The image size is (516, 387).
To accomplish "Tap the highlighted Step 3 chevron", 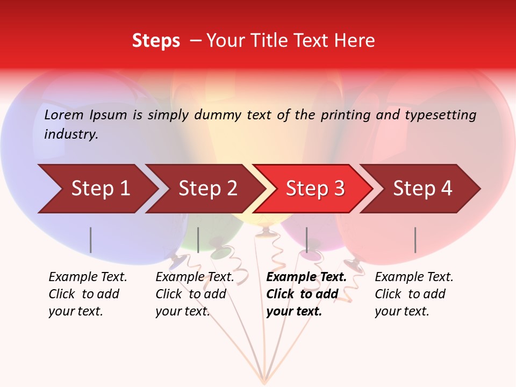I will click(315, 189).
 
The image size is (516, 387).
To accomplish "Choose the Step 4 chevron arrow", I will click(422, 189).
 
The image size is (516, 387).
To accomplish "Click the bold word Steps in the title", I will click(156, 41).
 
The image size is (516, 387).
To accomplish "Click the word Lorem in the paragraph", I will click(63, 115).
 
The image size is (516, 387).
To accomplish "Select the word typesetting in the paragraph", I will click(440, 115).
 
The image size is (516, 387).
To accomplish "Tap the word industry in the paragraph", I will click(71, 134).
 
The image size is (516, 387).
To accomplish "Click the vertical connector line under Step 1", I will click(91, 240).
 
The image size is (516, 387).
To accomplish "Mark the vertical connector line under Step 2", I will click(198, 240).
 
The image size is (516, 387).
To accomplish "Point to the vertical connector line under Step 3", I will click(307, 240).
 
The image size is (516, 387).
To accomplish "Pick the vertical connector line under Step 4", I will click(415, 240).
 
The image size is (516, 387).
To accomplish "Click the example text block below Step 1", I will click(88, 294).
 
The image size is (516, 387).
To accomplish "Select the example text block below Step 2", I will click(195, 294).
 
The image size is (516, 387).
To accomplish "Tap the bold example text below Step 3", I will click(306, 294).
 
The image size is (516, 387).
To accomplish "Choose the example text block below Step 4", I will click(414, 294).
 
